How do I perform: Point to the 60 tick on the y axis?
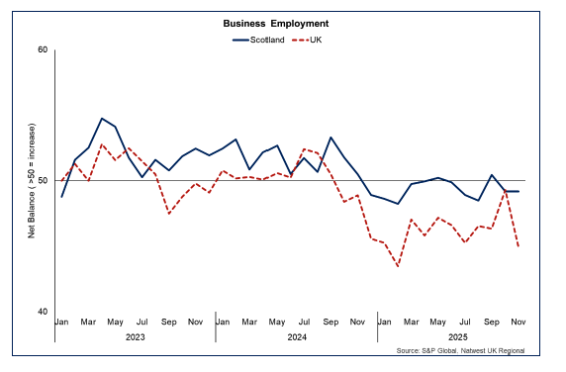pyautogui.click(x=43, y=49)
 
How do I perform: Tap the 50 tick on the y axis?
pyautogui.click(x=43, y=181)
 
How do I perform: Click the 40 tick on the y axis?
pyautogui.click(x=43, y=312)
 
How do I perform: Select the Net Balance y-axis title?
pyautogui.click(x=32, y=181)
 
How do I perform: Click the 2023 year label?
pyautogui.click(x=135, y=336)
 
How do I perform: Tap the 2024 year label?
pyautogui.click(x=295, y=336)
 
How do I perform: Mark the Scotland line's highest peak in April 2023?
pyautogui.click(x=102, y=118)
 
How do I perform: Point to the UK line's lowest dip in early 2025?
pyautogui.click(x=398, y=266)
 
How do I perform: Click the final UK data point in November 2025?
pyautogui.click(x=519, y=247)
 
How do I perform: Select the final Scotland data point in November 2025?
pyautogui.click(x=519, y=191)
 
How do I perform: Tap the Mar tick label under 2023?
pyautogui.click(x=88, y=323)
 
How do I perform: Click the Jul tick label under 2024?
pyautogui.click(x=303, y=323)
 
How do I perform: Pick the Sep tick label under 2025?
pyautogui.click(x=492, y=323)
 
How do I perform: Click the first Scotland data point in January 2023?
pyautogui.click(x=61, y=197)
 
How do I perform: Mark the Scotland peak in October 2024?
pyautogui.click(x=330, y=138)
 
